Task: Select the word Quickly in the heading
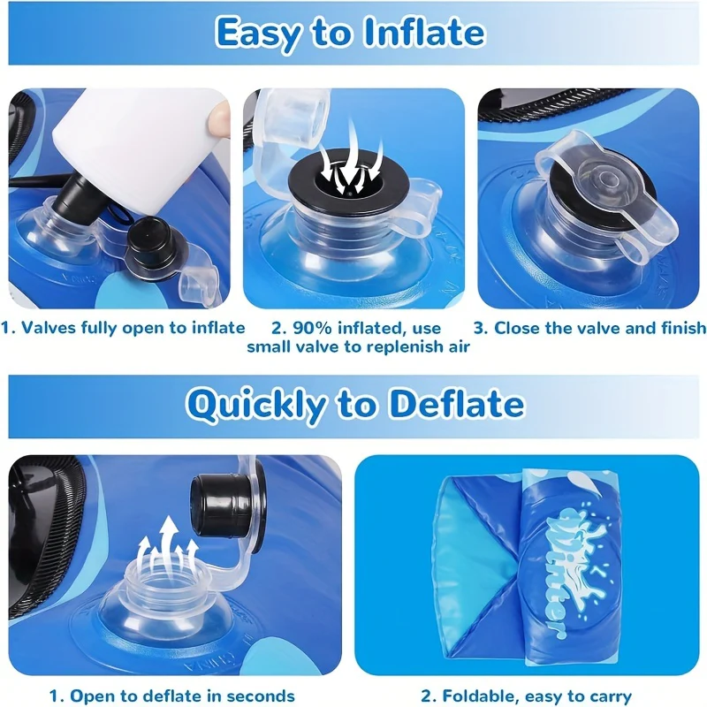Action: (x=255, y=406)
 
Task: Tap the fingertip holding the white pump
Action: (x=218, y=118)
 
